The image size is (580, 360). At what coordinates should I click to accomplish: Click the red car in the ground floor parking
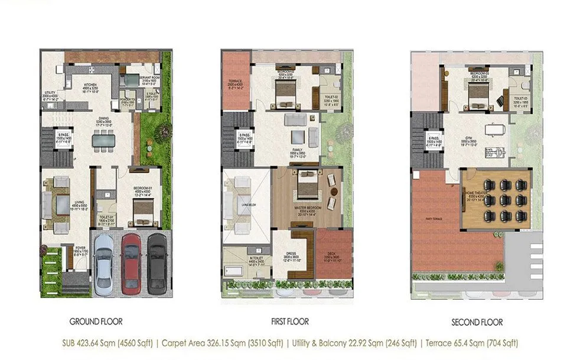point(131,258)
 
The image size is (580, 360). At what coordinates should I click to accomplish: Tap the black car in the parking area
point(157,258)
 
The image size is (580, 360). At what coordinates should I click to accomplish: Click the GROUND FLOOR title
point(96,322)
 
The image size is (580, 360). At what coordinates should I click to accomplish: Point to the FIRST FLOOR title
point(289,322)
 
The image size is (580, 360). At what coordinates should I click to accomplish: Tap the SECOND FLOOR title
point(477,322)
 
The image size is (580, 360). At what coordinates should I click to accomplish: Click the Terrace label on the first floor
point(234,81)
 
